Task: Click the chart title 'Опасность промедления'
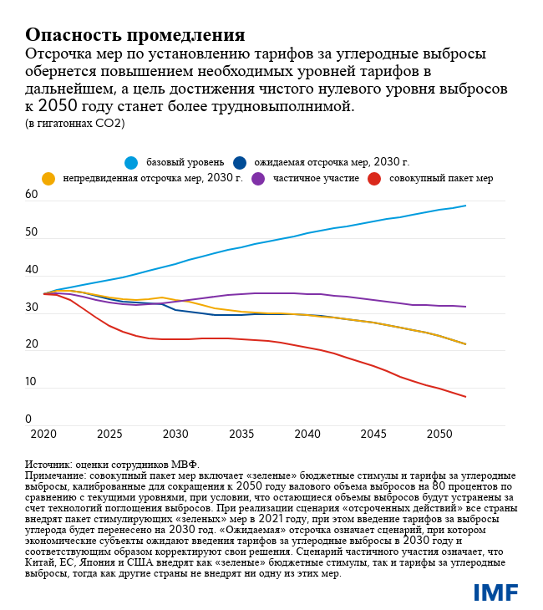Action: [134, 34]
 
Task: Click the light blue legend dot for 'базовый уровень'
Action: [131, 162]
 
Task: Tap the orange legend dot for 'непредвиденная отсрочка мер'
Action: [48, 179]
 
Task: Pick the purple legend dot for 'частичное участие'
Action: [258, 179]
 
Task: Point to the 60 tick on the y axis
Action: [32, 195]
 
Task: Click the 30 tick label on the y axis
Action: [32, 308]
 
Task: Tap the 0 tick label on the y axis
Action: [28, 419]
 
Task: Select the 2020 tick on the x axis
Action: [43, 435]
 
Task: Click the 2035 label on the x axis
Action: [241, 435]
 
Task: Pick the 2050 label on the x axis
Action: [439, 435]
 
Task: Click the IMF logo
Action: [495, 592]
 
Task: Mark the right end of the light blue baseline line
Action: [465, 206]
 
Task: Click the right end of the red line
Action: [465, 397]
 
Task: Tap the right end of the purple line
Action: [465, 307]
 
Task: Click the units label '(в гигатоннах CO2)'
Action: [74, 123]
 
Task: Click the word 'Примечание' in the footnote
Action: [56, 475]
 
